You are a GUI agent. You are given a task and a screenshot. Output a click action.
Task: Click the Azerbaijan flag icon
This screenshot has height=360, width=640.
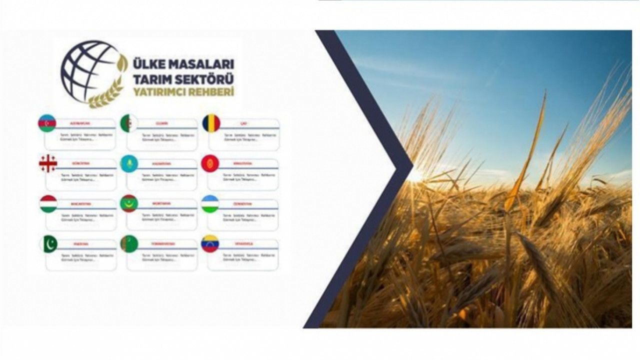[x=47, y=123]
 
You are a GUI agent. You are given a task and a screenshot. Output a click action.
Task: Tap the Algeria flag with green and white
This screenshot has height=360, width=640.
[x=129, y=123]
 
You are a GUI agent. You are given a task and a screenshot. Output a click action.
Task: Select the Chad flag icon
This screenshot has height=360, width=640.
[x=211, y=123]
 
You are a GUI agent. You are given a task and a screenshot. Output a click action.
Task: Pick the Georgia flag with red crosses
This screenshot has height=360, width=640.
[x=48, y=163]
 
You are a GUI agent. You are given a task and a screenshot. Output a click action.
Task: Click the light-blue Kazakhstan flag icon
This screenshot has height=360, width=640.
[x=129, y=163]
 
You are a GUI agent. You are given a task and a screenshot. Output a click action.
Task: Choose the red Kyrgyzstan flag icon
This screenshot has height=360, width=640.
[x=210, y=163]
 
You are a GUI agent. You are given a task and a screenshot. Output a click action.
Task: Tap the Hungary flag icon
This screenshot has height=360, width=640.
[x=48, y=204]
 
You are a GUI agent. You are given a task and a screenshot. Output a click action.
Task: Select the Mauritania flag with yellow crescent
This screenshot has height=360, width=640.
[x=129, y=203]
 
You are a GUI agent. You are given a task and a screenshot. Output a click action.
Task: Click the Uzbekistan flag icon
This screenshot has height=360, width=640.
[x=210, y=203]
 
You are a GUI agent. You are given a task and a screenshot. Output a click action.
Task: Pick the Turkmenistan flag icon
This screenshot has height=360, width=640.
[x=129, y=243]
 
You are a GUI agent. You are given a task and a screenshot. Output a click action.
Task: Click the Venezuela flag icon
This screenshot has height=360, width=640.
[x=210, y=243]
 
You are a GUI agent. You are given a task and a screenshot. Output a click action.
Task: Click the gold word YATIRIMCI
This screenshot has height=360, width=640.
[x=158, y=92]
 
